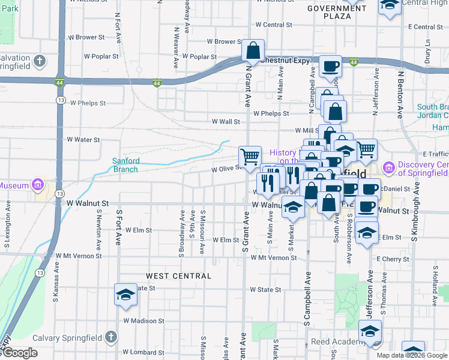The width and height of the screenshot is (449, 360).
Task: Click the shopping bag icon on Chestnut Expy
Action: (x=253, y=50)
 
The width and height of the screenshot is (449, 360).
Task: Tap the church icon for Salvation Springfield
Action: (x=40, y=61)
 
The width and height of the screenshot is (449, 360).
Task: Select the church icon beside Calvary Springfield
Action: (x=110, y=337)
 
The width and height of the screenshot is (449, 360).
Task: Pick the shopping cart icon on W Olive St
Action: (x=250, y=157)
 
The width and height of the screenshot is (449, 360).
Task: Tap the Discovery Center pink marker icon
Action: (x=388, y=169)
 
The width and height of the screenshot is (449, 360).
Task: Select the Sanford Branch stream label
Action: (x=126, y=164)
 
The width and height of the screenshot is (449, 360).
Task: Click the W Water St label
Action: (x=83, y=139)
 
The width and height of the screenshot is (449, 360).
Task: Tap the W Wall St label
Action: (x=225, y=121)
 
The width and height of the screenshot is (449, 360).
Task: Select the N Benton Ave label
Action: (x=399, y=94)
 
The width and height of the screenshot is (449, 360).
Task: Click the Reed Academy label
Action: (x=333, y=342)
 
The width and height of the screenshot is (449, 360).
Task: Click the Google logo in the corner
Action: (x=19, y=353)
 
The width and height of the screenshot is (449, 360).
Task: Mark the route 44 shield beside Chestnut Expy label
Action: (x=354, y=62)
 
